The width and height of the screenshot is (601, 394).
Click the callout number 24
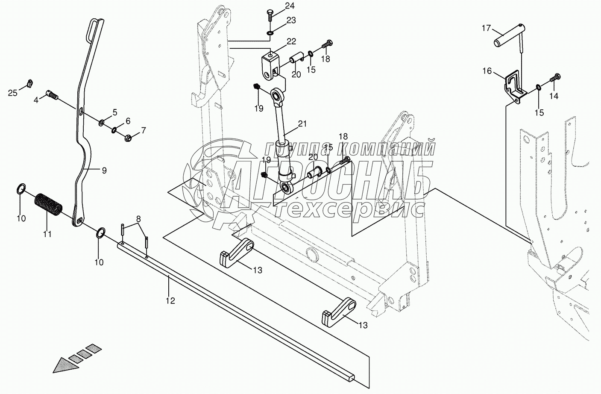pos(290,6)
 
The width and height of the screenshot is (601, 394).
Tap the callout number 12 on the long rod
pos(170,301)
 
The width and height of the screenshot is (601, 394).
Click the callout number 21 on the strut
pos(302,124)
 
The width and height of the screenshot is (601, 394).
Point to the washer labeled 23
pos(270,33)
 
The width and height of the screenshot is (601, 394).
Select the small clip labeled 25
pos(29,82)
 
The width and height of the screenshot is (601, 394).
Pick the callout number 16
pos(487,71)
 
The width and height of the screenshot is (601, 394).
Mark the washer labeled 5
pos(102,123)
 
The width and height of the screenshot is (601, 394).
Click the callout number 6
pos(128,121)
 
